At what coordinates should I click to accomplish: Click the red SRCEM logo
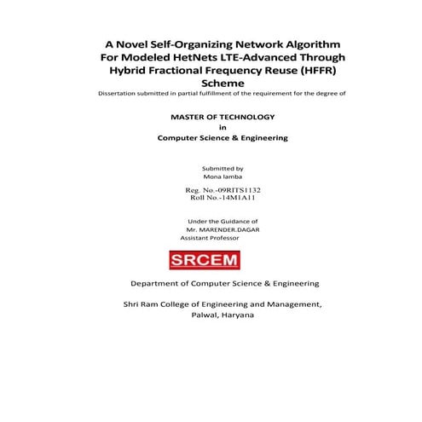click(x=211, y=257)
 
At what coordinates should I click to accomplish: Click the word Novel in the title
click(x=135, y=43)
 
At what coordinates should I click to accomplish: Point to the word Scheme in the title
click(x=211, y=84)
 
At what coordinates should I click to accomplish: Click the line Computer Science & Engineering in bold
click(x=211, y=138)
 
